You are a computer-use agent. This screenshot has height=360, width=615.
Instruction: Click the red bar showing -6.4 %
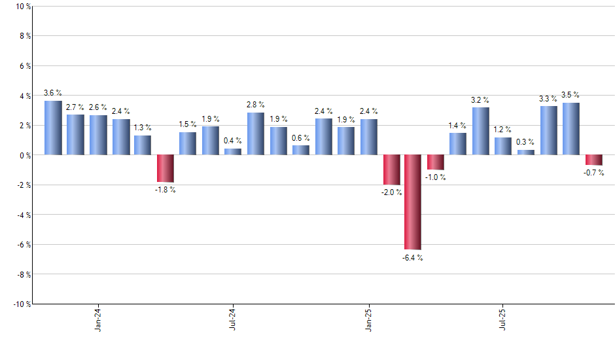413,202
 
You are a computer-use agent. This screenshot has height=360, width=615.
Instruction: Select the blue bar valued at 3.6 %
53,128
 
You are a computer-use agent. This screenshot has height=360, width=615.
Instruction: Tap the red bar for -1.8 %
166,168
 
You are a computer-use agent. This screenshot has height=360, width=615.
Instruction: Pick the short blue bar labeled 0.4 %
233,152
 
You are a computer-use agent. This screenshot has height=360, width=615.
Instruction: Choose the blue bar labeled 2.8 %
256,134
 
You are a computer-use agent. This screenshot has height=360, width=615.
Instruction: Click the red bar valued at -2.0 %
391,170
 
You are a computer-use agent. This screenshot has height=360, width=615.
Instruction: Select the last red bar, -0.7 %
593,160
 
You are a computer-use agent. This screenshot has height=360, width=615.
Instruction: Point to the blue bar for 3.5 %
571,129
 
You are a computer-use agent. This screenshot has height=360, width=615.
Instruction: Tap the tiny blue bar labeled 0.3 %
526,153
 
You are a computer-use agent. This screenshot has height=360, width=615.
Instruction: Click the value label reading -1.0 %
436,177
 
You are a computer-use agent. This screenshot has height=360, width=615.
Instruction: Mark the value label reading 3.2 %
480,100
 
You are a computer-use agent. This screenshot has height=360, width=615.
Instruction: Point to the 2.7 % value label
75,107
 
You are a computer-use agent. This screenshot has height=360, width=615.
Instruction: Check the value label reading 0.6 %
301,138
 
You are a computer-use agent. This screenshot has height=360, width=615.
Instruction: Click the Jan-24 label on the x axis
98,320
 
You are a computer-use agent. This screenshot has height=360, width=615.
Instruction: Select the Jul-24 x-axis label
233,320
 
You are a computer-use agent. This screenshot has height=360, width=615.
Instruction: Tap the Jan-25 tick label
368,320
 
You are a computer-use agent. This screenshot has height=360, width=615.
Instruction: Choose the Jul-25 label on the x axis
503,320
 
